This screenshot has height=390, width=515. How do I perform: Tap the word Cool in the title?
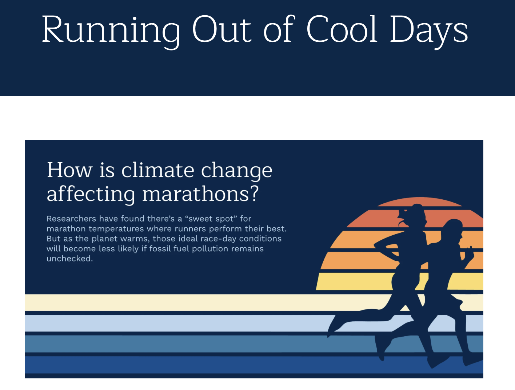(x=342, y=29)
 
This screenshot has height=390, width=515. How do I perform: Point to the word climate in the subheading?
(x=158, y=170)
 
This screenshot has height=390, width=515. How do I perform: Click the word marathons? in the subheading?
(x=200, y=194)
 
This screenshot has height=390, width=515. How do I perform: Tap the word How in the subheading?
(x=69, y=170)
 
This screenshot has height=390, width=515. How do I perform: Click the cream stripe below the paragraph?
(x=188, y=302)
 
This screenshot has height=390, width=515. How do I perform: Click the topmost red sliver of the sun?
(x=420, y=202)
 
